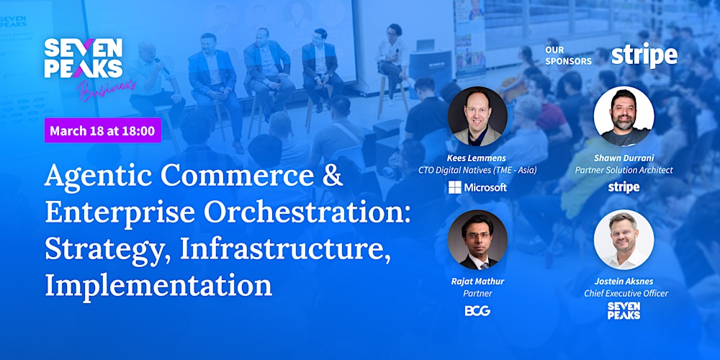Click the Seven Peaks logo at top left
pyautogui.click(x=83, y=58)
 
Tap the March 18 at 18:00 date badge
pyautogui.click(x=103, y=130)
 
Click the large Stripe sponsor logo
pyautogui.click(x=644, y=55)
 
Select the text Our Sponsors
pyautogui.click(x=568, y=56)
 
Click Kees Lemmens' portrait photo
pyautogui.click(x=477, y=117)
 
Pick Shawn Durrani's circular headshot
pyautogui.click(x=624, y=117)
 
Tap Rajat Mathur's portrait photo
pyautogui.click(x=477, y=240)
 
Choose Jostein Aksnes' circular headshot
pyautogui.click(x=624, y=240)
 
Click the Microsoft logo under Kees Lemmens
pyautogui.click(x=477, y=187)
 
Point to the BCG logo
pyautogui.click(x=477, y=311)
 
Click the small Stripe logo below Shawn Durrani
pyautogui.click(x=624, y=187)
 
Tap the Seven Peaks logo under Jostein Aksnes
pyautogui.click(x=624, y=311)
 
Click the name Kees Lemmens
pyautogui.click(x=477, y=158)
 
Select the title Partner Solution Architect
pyautogui.click(x=624, y=171)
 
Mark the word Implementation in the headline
pyautogui.click(x=158, y=285)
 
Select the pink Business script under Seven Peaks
pyautogui.click(x=108, y=86)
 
